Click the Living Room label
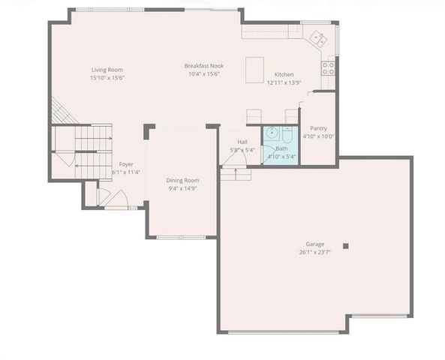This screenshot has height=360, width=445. pyautogui.click(x=107, y=69)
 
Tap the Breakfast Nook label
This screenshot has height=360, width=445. pyautogui.click(x=204, y=66)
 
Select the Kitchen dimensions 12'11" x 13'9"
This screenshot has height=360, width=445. pyautogui.click(x=284, y=83)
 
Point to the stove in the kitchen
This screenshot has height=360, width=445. pyautogui.click(x=328, y=69)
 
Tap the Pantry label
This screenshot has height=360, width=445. pyautogui.click(x=318, y=128)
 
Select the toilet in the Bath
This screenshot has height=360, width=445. pyautogui.click(x=287, y=134)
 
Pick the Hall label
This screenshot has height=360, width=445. pyautogui.click(x=242, y=142)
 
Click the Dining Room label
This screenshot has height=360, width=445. pyautogui.click(x=182, y=180)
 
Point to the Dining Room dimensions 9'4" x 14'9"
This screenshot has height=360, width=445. pyautogui.click(x=182, y=188)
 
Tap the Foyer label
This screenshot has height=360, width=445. pyautogui.click(x=126, y=164)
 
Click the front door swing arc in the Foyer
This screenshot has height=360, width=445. pyautogui.click(x=104, y=196)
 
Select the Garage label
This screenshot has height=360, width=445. pyautogui.click(x=315, y=244)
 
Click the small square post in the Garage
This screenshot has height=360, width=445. pyautogui.click(x=346, y=245)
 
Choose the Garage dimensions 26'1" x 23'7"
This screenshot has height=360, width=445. pyautogui.click(x=315, y=252)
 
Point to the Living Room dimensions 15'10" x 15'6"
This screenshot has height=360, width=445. pyautogui.click(x=107, y=77)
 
